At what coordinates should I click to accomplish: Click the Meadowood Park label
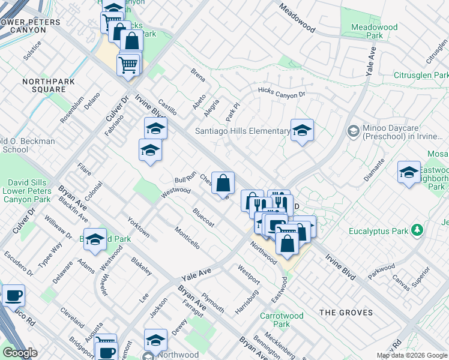[x=366, y=31]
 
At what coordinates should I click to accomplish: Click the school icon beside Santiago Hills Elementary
[x=302, y=130]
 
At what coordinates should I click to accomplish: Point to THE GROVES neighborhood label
[x=346, y=313]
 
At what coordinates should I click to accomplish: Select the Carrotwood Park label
[x=275, y=320]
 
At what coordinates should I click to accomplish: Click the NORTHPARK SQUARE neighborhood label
[x=44, y=85]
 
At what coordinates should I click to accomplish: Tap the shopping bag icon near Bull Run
[x=223, y=183]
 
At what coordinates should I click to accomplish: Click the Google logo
[x=19, y=353]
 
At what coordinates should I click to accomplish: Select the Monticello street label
[x=187, y=237]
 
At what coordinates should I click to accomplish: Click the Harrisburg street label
[x=246, y=301]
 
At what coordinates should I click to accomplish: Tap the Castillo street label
[x=167, y=108]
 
